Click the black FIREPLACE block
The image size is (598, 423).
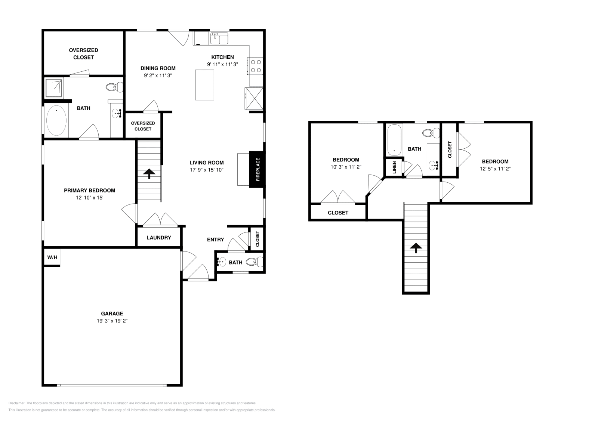pos(257,169)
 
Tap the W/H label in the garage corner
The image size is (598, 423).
pos(52,257)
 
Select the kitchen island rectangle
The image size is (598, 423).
pos(204,85)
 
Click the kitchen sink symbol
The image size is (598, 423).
pos(219,38)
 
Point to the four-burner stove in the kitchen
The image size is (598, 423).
pos(256,66)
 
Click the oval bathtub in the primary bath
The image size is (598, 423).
pos(56,121)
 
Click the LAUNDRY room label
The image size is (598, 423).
pos(159,237)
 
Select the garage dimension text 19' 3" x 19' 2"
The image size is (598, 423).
pos(112,321)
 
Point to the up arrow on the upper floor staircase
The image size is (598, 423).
pos(416,248)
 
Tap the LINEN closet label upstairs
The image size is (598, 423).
pos(394,167)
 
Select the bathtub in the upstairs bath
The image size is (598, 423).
pos(394,140)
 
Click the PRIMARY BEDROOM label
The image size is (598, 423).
pos(89,190)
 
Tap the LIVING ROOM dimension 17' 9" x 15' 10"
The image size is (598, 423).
pos(206,170)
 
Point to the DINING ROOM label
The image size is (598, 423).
pos(158,68)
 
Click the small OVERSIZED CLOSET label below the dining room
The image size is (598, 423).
pos(143,126)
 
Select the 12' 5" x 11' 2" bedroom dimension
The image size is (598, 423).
pos(495,169)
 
